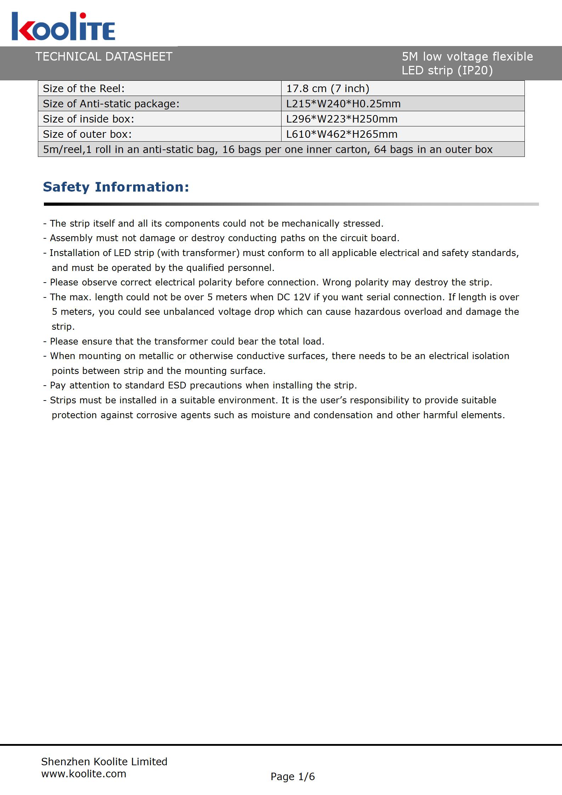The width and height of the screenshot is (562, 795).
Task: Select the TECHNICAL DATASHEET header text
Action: (104, 57)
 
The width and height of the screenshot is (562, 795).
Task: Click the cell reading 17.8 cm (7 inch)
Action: (328, 89)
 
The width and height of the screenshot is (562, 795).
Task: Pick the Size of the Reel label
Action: (84, 89)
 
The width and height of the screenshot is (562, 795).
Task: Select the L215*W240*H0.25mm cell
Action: (343, 104)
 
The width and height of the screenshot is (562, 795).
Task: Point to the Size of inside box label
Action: (89, 119)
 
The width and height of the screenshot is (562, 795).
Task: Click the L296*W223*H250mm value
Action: (342, 119)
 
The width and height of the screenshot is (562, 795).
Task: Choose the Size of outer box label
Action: (87, 134)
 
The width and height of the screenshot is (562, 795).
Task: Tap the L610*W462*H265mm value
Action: (342, 134)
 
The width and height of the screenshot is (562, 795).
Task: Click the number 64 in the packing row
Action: (380, 149)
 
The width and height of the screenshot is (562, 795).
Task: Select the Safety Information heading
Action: (116, 187)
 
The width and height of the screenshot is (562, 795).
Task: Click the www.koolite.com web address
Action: (84, 774)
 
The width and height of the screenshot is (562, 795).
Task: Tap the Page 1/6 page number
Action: (293, 777)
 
